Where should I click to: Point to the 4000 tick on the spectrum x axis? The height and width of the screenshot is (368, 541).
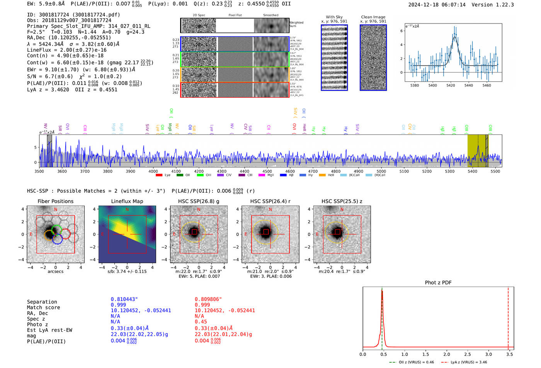click(153, 171)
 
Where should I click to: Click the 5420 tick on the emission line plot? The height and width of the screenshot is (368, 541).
click(451, 85)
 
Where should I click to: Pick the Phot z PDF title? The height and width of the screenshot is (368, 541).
click(438, 283)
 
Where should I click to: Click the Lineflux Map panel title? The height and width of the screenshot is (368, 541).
click(127, 201)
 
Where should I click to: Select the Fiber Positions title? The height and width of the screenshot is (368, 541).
click(55, 201)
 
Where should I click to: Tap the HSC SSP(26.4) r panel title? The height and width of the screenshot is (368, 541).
click(270, 201)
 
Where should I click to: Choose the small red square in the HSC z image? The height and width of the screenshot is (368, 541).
click(337, 232)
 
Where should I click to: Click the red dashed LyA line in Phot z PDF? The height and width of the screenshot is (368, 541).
click(508, 317)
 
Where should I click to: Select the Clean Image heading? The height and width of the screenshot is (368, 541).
click(373, 17)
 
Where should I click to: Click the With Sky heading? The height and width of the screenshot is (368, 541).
click(334, 17)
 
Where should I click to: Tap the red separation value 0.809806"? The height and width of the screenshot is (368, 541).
click(208, 299)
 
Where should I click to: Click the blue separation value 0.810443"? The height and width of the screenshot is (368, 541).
click(124, 299)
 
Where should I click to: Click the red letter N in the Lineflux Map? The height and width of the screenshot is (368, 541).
click(127, 210)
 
